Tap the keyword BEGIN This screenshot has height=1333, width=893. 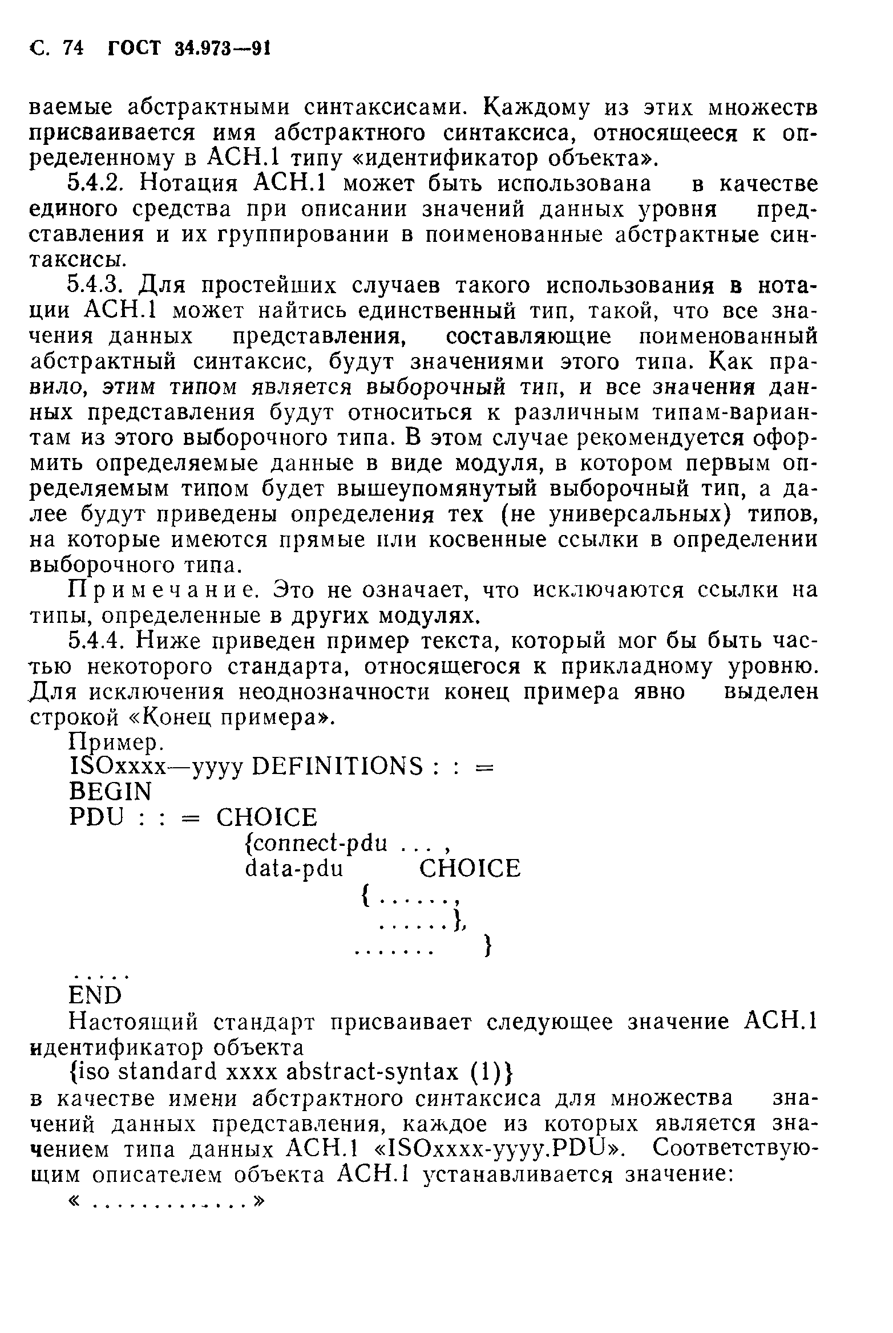click(x=111, y=792)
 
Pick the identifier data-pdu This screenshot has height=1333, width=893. click(x=294, y=868)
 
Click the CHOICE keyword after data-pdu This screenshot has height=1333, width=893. click(x=470, y=868)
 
